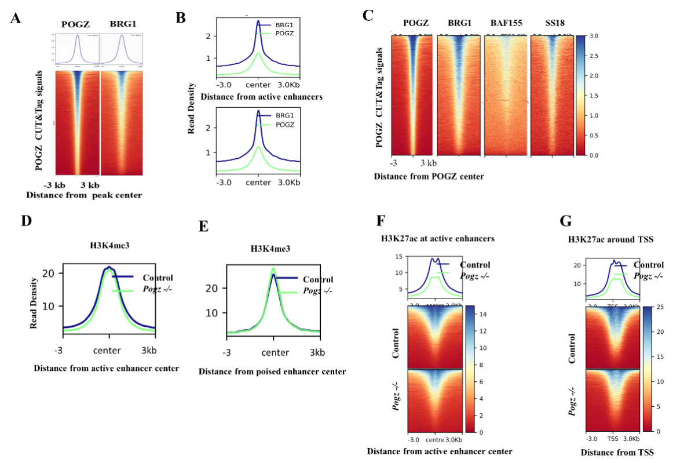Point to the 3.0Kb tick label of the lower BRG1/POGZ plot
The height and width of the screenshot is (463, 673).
[289, 183]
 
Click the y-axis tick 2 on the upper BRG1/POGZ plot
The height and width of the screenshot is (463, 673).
[208, 36]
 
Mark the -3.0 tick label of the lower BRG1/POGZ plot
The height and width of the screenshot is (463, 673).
[224, 183]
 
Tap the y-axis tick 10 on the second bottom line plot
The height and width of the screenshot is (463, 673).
[212, 313]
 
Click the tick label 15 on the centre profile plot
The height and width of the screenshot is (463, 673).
[398, 257]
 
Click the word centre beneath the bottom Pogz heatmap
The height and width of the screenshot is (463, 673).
[434, 440]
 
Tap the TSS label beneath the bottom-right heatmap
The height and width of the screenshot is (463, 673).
[613, 439]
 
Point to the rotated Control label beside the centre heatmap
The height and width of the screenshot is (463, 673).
[397, 343]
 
